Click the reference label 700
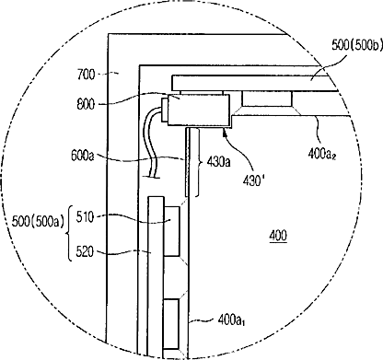point(87,75)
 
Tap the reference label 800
point(86,104)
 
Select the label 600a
point(82,156)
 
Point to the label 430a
point(218,162)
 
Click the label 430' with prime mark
point(253,181)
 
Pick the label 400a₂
point(322,153)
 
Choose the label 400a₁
point(232,320)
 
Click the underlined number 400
point(278,236)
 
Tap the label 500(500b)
point(357,45)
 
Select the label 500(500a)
point(38,221)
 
